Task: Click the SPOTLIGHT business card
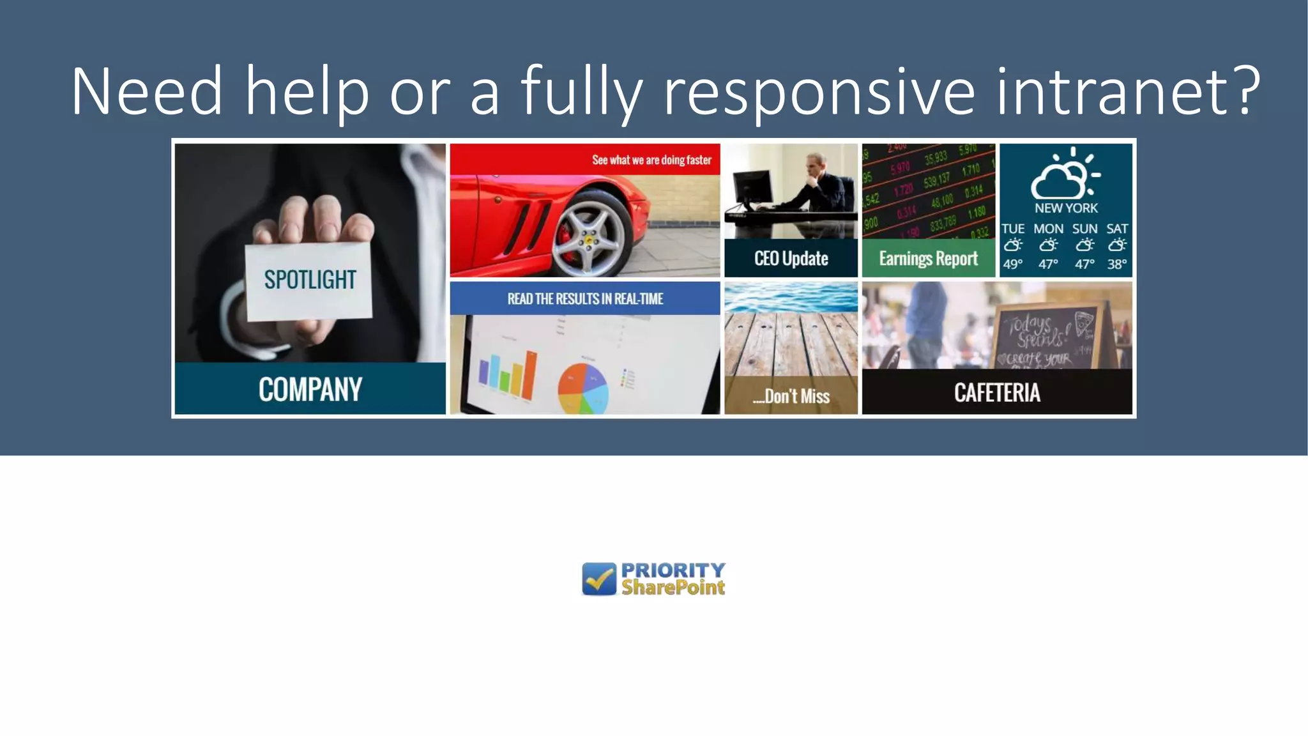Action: pyautogui.click(x=309, y=281)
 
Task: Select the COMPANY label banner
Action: pyautogui.click(x=310, y=388)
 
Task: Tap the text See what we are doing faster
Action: pyautogui.click(x=651, y=160)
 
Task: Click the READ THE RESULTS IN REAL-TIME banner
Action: pyautogui.click(x=585, y=298)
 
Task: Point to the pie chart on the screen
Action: pyautogui.click(x=582, y=387)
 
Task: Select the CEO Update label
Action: pyautogui.click(x=791, y=258)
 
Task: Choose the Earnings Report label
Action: pyautogui.click(x=928, y=258)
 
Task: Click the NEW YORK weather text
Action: pyautogui.click(x=1066, y=208)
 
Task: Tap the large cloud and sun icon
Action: pyautogui.click(x=1064, y=174)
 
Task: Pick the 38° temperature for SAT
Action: pyautogui.click(x=1116, y=264)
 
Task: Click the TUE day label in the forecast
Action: pyautogui.click(x=1012, y=229)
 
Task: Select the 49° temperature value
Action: pyautogui.click(x=1012, y=264)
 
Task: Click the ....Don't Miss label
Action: pyautogui.click(x=791, y=396)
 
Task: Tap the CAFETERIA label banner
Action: pyautogui.click(x=997, y=392)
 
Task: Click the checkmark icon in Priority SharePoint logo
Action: pyautogui.click(x=599, y=579)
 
